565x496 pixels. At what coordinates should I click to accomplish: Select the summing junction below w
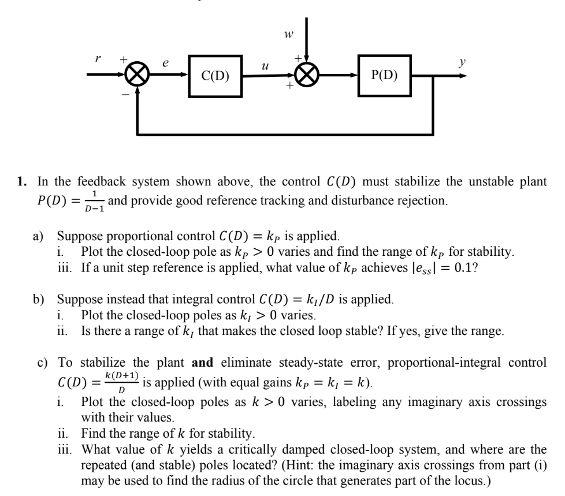[307, 75]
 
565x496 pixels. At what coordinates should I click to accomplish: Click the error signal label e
[166, 67]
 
